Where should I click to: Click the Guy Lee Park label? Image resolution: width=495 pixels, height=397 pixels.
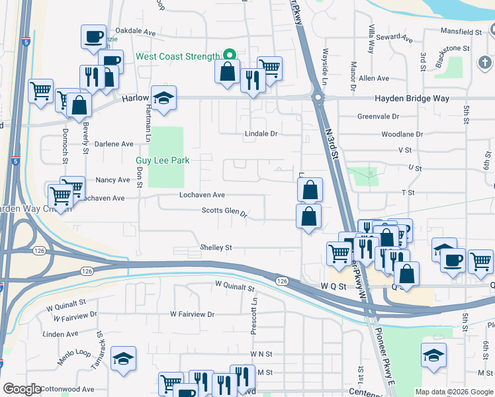(162, 160)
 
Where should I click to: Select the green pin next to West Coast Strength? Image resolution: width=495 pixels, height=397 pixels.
(229, 55)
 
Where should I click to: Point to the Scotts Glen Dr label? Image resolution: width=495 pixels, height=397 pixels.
(224, 213)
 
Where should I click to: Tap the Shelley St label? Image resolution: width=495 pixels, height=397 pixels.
(216, 247)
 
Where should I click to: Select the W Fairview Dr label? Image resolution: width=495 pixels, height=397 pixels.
(192, 314)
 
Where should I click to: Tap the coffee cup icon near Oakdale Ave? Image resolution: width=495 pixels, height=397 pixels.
(93, 36)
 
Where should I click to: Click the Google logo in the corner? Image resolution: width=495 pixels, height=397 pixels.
(21, 389)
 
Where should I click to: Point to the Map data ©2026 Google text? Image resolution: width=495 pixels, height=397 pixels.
(454, 392)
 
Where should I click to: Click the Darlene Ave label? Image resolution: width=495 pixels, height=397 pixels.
(113, 144)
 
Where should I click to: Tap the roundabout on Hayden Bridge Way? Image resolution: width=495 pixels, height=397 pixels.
(318, 99)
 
